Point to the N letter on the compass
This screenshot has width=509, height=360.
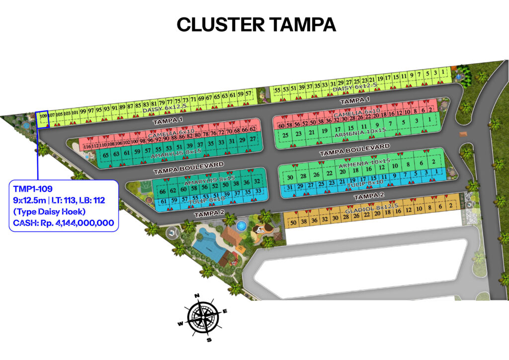click(x=197, y=296)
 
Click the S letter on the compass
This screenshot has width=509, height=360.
click(x=209, y=340)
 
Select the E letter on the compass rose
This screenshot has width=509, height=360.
click(x=225, y=312)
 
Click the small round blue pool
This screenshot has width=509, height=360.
click(x=242, y=226)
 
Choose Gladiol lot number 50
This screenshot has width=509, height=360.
click(x=293, y=222)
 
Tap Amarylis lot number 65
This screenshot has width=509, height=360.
click(x=105, y=155)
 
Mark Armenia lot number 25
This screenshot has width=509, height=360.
click(x=285, y=134)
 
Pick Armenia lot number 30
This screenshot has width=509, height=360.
click(x=290, y=177)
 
